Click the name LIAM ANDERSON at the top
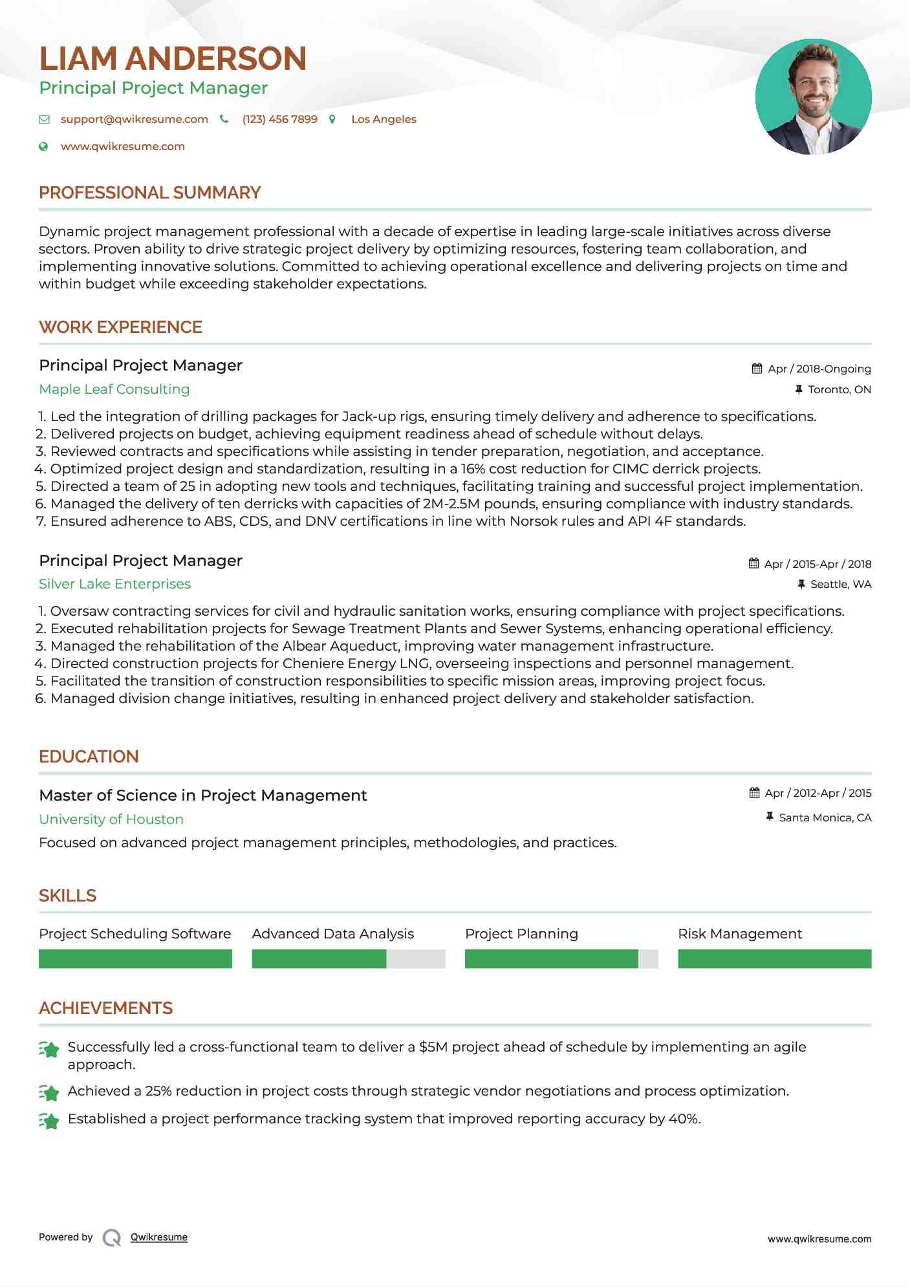[x=173, y=59]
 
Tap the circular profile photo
[x=813, y=97]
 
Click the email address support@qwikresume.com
[x=135, y=119]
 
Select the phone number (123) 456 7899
[x=279, y=119]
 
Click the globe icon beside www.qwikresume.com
[x=43, y=147]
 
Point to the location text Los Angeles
[x=384, y=119]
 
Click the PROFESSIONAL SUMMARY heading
[x=149, y=193]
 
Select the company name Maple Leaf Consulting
[x=114, y=389]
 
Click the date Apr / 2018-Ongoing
[x=819, y=369]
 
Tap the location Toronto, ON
[x=839, y=389]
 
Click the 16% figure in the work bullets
[x=473, y=469]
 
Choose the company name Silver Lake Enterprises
[x=114, y=584]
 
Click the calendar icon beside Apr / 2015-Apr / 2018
[x=753, y=563]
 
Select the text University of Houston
[x=111, y=819]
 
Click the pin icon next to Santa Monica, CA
[x=769, y=817]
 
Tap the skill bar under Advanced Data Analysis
[x=348, y=958]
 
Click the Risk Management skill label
[x=739, y=934]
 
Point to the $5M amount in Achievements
[x=433, y=1047]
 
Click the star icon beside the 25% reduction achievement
[x=49, y=1092]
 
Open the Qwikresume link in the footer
[x=159, y=1237]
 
